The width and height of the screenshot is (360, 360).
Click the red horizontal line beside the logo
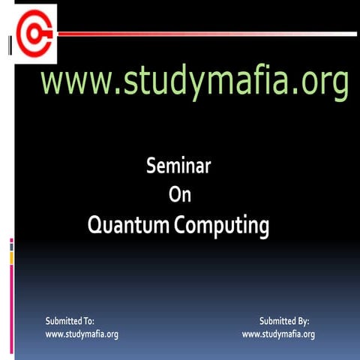point(202,34)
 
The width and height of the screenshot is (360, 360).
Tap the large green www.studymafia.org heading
point(194,82)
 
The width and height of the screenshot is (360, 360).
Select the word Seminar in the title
point(178,166)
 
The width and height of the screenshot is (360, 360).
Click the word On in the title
point(180,195)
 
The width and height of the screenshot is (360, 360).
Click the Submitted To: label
point(70,321)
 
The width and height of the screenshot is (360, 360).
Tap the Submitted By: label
point(284,321)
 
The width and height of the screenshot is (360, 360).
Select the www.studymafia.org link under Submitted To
point(82,334)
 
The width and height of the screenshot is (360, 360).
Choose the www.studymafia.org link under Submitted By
point(278,334)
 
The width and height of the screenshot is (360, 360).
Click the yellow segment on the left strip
point(11,257)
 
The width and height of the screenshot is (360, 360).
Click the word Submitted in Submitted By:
point(277,321)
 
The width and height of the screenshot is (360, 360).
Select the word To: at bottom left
point(88,321)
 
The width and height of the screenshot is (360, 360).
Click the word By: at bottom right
point(302,321)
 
